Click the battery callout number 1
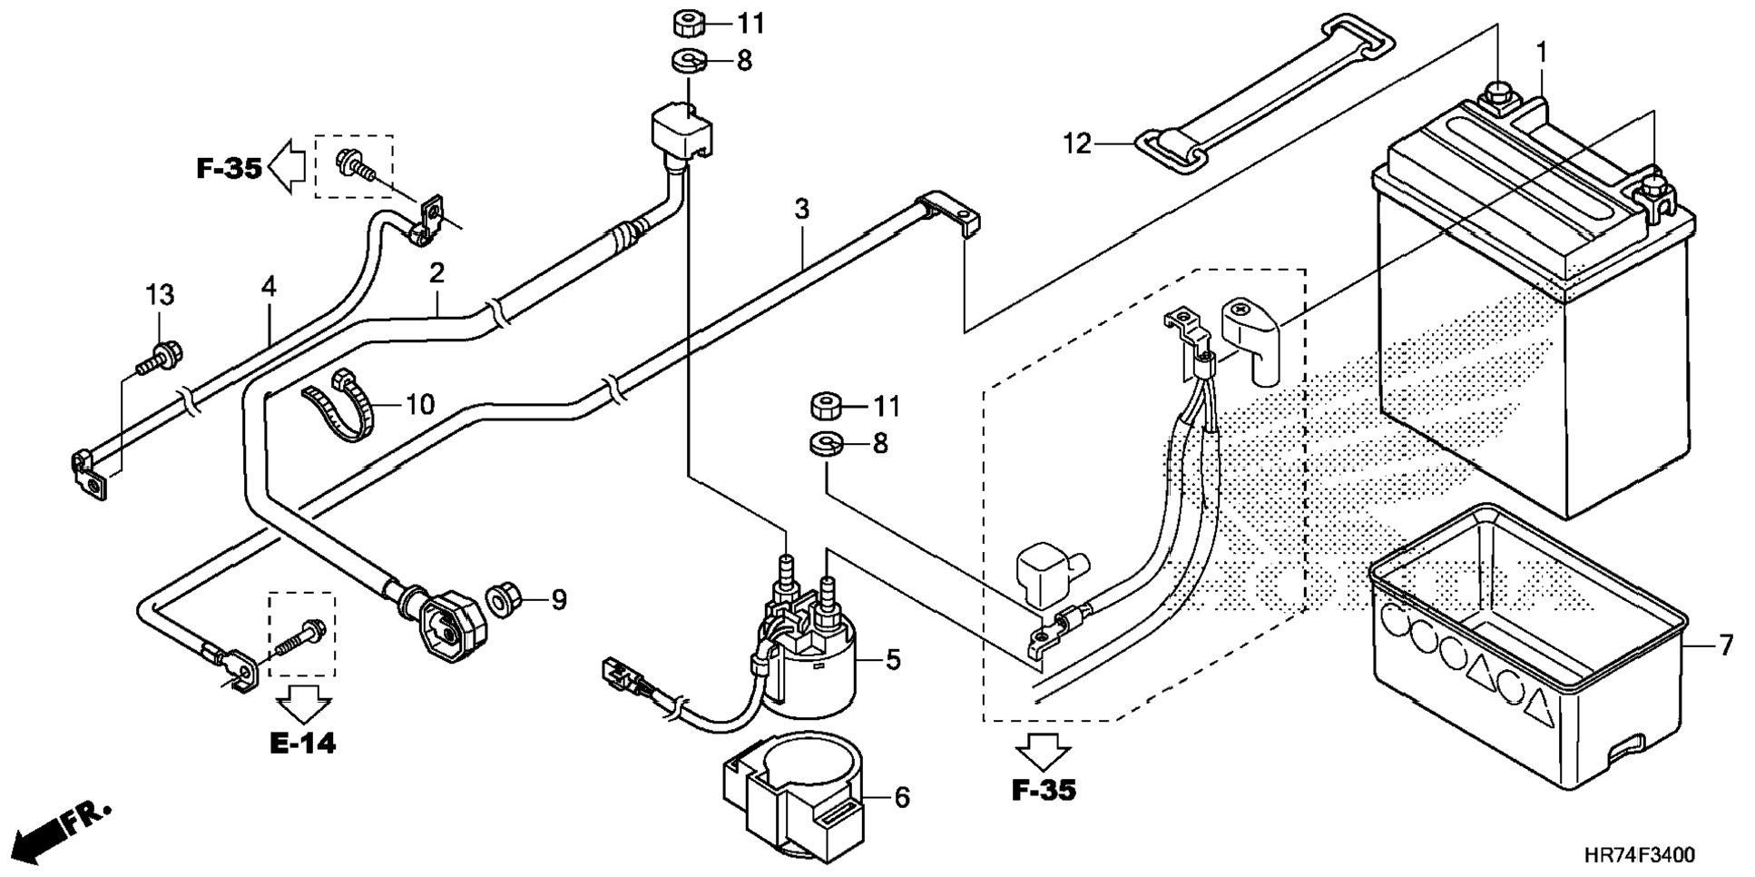(x=1541, y=54)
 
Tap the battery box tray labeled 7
(x=1525, y=654)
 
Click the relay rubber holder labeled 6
(x=799, y=790)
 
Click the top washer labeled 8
(x=689, y=62)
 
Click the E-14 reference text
(x=303, y=744)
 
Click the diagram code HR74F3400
(x=1639, y=855)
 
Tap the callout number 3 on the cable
(x=801, y=210)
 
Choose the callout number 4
(x=268, y=287)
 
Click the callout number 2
(x=437, y=273)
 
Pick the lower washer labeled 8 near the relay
(x=825, y=445)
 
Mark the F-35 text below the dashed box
(x=1044, y=791)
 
